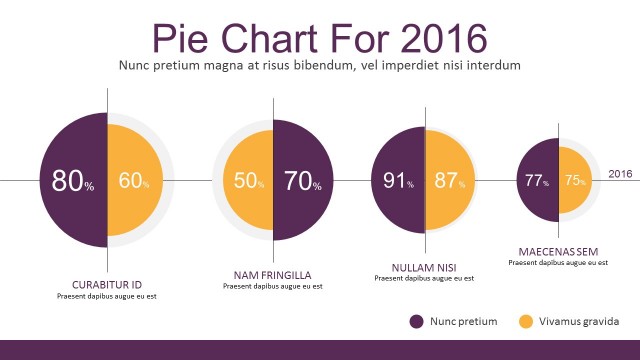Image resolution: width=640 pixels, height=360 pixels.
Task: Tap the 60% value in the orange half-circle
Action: pyautogui.click(x=134, y=181)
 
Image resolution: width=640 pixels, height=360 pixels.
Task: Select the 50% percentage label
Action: pyautogui.click(x=249, y=182)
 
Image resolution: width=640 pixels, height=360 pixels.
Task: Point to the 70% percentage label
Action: pyautogui.click(x=302, y=182)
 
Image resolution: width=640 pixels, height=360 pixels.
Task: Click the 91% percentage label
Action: pyautogui.click(x=399, y=181)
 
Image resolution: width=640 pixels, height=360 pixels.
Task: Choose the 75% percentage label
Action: pyautogui.click(x=575, y=181)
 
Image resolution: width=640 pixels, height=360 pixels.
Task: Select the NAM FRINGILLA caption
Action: pyautogui.click(x=272, y=274)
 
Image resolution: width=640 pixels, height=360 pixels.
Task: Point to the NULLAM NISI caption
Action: pyautogui.click(x=424, y=267)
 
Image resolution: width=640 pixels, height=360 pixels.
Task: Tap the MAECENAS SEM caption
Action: pyautogui.click(x=558, y=251)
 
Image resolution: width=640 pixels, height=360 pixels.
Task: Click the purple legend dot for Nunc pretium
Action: pyautogui.click(x=416, y=321)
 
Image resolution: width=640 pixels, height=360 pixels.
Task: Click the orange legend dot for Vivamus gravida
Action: pyautogui.click(x=526, y=321)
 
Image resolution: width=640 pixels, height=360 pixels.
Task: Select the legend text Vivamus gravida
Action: pyautogui.click(x=579, y=321)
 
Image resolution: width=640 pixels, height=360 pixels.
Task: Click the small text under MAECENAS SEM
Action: pyautogui.click(x=558, y=262)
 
